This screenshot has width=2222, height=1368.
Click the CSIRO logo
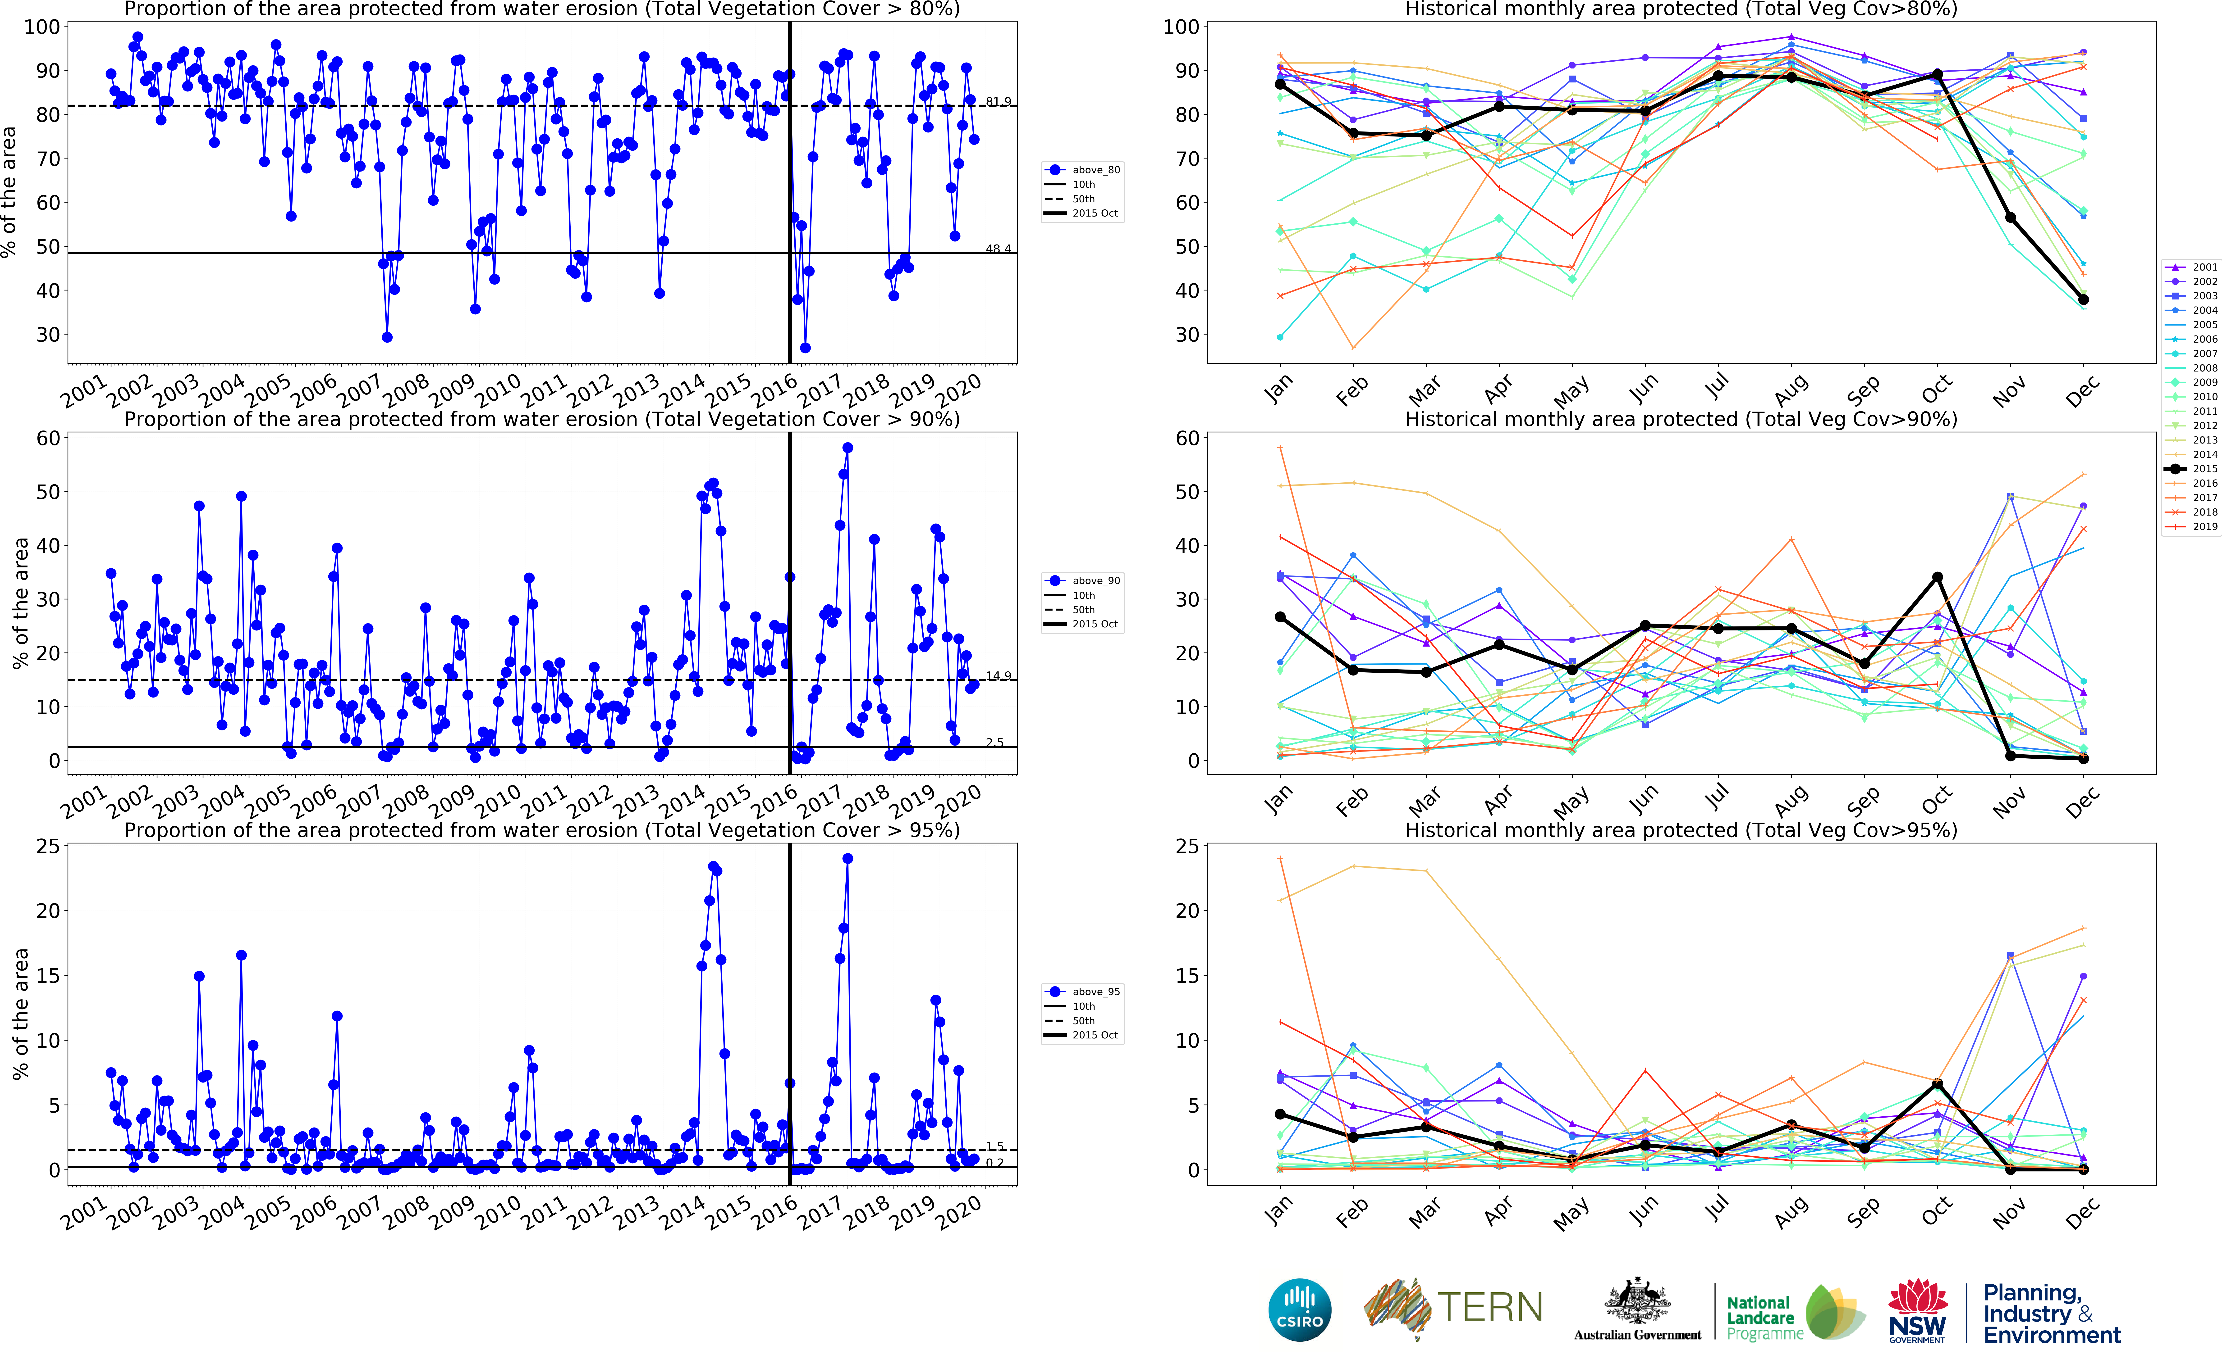click(x=1300, y=1309)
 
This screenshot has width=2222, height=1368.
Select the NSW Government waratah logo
click(x=1917, y=1309)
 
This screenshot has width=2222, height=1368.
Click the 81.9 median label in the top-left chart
click(x=998, y=101)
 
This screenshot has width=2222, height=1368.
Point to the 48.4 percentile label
click(x=998, y=249)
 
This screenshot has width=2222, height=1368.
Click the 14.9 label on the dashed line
click(x=998, y=676)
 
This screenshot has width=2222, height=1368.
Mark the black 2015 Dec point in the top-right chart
click(x=2084, y=299)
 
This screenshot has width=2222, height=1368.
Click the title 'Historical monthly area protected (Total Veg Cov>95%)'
click(x=1681, y=830)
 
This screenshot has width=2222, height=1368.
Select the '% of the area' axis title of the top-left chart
click(x=9, y=192)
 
